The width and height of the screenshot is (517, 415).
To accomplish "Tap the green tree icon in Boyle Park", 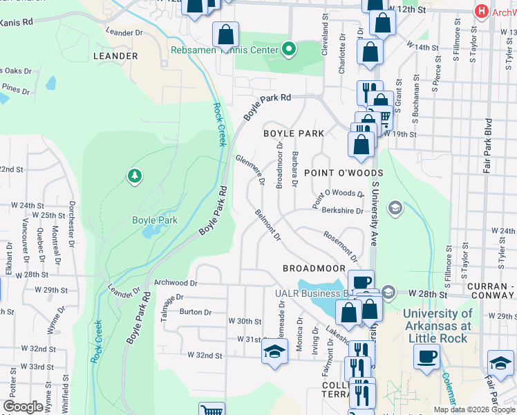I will point(134,176).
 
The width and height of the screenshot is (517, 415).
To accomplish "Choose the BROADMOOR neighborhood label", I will point(313,268).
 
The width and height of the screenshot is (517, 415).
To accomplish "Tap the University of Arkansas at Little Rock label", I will point(438,326).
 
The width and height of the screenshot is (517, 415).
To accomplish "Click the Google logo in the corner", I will point(23,407).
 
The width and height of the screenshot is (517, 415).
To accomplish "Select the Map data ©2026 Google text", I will point(474,409).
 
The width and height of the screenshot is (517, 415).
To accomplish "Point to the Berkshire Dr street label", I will point(341,210).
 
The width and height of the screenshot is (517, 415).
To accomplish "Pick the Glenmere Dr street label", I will point(251,170).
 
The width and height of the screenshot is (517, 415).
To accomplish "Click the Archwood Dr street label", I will point(176,283).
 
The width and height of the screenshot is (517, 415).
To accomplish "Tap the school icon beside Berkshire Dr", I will point(395,207).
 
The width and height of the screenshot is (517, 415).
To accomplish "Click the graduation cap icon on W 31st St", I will point(274,351).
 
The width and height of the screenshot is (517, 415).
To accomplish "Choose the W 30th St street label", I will point(245,322).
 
